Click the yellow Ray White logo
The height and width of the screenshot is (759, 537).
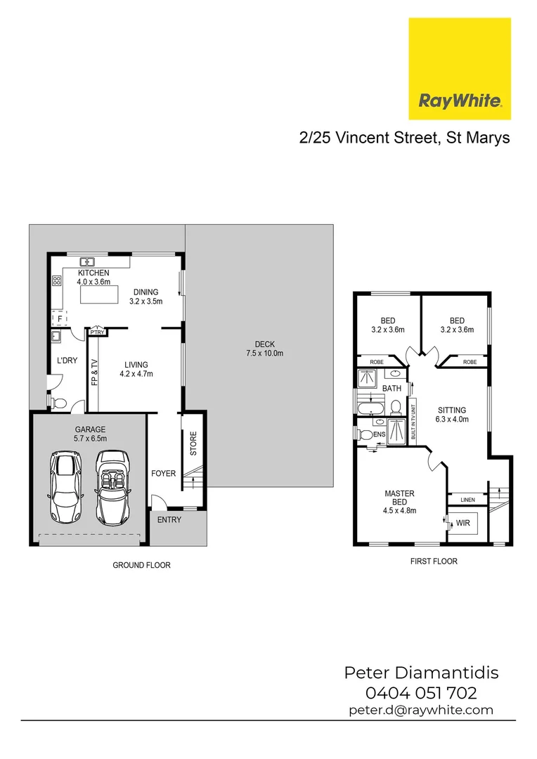(x=460, y=69)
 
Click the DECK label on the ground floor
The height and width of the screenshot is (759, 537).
(x=264, y=344)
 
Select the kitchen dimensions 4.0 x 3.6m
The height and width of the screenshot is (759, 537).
(x=93, y=282)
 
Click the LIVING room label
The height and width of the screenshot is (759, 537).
(x=136, y=365)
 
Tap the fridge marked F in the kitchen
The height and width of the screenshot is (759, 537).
(x=60, y=319)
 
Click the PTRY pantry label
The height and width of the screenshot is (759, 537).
(x=96, y=332)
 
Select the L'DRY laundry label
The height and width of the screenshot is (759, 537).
(x=66, y=361)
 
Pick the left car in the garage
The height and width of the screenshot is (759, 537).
(x=64, y=488)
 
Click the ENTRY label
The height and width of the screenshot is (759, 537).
(x=169, y=520)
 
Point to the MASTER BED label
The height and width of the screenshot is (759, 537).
(x=399, y=498)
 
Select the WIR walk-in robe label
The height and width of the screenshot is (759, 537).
(x=462, y=524)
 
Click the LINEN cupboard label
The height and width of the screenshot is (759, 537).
(x=467, y=500)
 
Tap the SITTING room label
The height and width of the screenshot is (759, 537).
(x=452, y=410)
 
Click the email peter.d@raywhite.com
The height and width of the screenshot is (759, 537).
(x=421, y=710)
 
